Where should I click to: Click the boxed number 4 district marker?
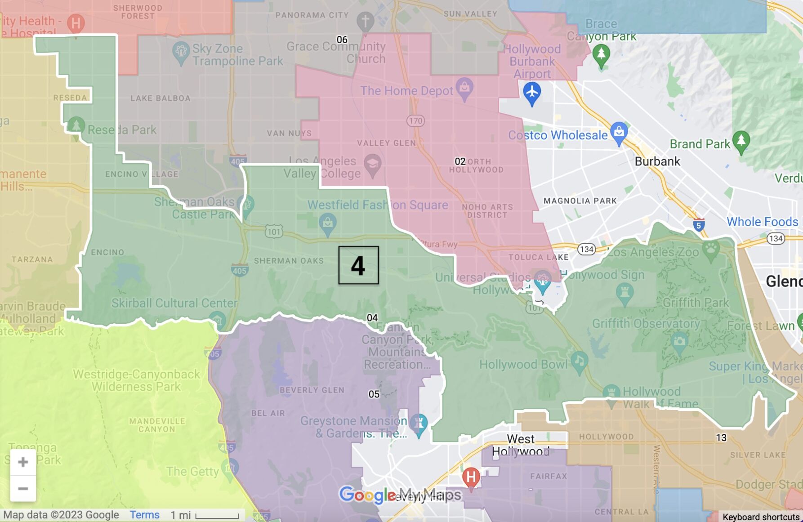pos(358,265)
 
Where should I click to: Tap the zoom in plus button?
pos(23,462)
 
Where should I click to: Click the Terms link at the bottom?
pos(144,515)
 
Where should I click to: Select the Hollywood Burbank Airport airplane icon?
pos(532,93)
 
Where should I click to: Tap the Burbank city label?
pos(657,161)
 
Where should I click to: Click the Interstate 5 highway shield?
pos(698,225)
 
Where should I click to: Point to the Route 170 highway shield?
pos(415,120)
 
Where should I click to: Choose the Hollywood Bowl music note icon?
pos(579,361)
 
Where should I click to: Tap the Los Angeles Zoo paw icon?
pos(710,249)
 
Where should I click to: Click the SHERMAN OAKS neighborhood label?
pos(289,261)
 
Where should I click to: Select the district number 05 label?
pos(374,394)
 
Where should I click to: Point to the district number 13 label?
pos(721,437)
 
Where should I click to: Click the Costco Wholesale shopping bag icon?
pos(619,132)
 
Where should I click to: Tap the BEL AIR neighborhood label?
pos(268,413)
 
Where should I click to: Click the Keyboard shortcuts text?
pos(761,517)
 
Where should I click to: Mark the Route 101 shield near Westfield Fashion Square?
pos(273,232)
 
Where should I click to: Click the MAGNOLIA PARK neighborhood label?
pos(580,201)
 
